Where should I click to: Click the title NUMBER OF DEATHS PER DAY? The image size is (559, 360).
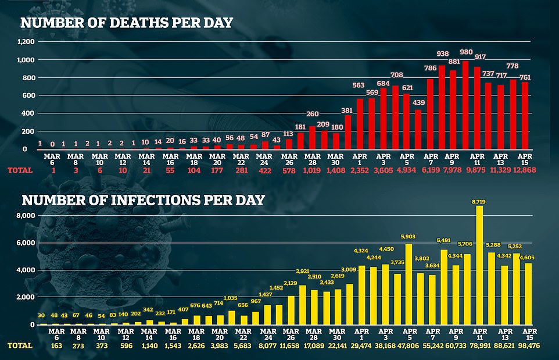[127, 23]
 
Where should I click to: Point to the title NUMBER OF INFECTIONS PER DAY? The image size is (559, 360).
[143, 201]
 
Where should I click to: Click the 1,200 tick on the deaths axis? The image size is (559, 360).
[26, 42]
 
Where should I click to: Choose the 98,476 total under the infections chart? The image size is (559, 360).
[524, 345]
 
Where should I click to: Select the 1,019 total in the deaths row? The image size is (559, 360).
[312, 170]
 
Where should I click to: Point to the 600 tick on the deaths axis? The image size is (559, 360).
[28, 95]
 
